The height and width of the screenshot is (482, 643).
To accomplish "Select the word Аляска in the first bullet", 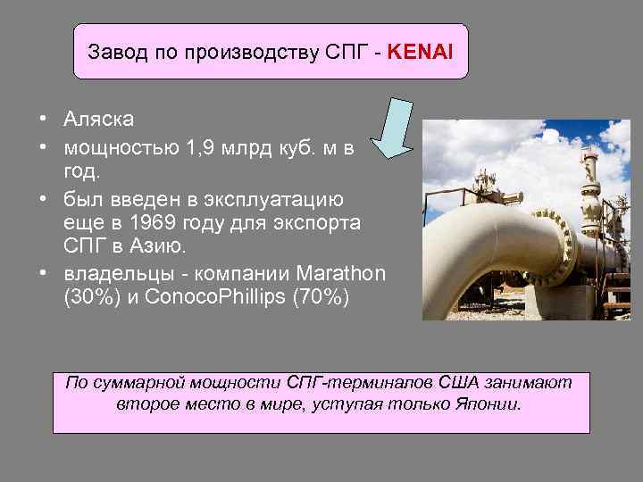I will point(98,120).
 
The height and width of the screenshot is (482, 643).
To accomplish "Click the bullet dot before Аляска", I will point(43,120).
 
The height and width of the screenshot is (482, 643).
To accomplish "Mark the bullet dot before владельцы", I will point(43,271).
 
